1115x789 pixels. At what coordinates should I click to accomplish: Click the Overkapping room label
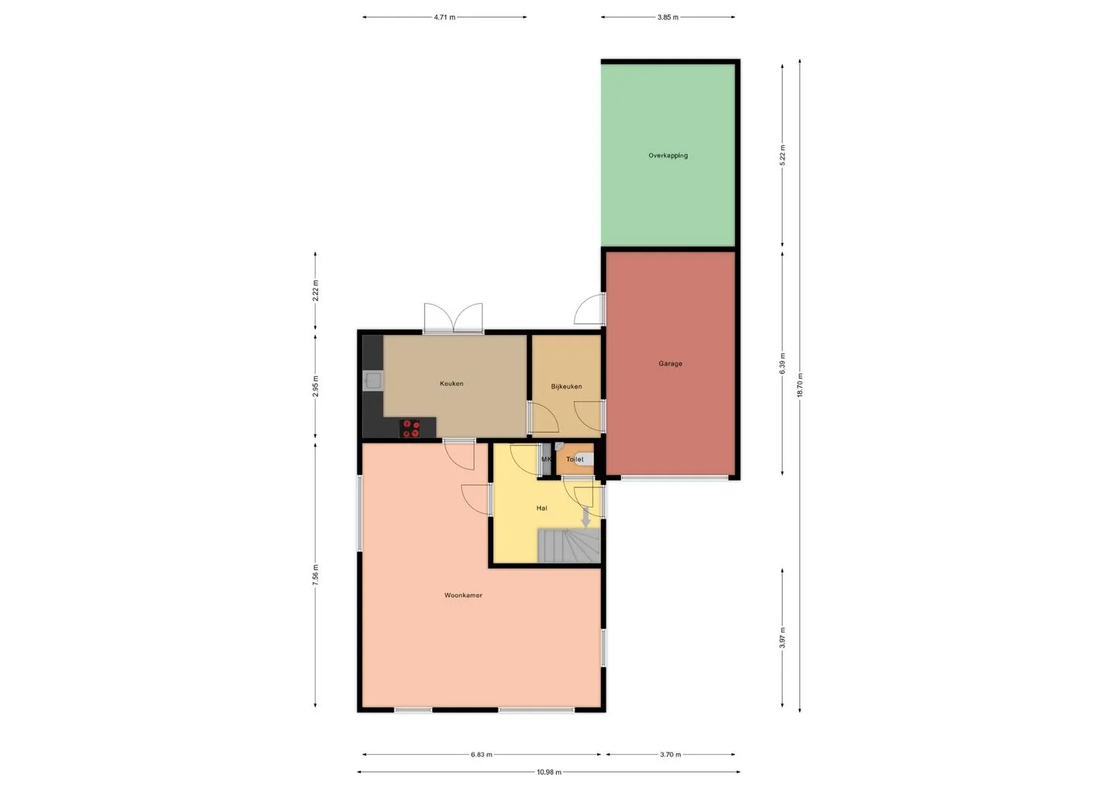[668, 156]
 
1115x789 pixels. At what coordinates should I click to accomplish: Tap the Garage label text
[671, 363]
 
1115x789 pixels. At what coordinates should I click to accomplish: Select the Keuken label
[451, 384]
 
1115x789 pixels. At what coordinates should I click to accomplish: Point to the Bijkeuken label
[567, 387]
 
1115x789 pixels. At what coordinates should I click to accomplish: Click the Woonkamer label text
[463, 595]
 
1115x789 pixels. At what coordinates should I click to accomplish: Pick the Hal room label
[542, 508]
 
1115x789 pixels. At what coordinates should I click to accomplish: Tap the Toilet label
[575, 460]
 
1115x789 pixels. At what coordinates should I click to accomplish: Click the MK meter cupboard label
[546, 460]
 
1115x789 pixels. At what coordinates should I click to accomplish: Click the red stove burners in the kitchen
[411, 429]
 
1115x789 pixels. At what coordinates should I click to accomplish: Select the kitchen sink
[372, 381]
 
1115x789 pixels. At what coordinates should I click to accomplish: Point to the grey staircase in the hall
[569, 546]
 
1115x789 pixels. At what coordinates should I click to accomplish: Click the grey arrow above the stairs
[586, 517]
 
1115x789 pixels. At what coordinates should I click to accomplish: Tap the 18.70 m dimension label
[800, 385]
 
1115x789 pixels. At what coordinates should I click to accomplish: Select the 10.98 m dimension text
[549, 772]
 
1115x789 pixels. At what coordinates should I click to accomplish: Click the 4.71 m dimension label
[444, 17]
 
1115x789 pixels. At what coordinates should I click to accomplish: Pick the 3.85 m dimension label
[668, 17]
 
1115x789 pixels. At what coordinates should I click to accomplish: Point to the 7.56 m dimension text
[316, 575]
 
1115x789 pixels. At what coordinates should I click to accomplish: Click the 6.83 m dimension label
[482, 754]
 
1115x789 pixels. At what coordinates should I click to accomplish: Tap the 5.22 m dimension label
[783, 156]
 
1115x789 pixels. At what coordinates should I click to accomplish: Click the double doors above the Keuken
[454, 318]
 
